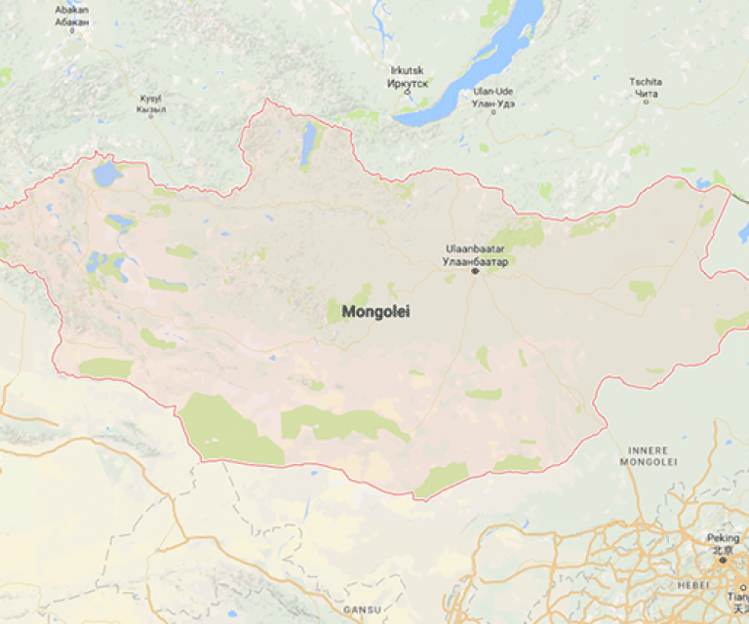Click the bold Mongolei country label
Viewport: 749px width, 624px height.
375,312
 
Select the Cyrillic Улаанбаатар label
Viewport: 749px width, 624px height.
475,261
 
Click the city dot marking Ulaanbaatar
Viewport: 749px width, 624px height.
475,271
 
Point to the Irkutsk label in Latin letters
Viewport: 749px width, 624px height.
408,71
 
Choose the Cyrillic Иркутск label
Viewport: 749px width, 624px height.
408,83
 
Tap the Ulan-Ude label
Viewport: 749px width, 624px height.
493,92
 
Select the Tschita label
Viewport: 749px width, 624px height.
645,82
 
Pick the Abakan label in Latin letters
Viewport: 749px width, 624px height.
71,10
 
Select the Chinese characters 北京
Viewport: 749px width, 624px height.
722,549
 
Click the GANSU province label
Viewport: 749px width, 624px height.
361,609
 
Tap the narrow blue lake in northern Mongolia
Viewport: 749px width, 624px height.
309,142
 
